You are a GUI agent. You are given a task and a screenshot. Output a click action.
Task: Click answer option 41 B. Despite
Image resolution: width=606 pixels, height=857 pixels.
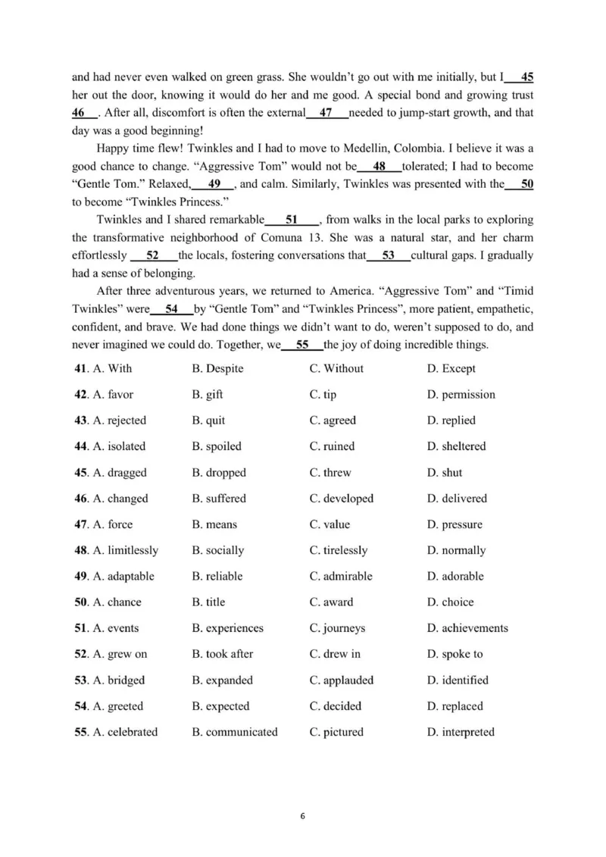[217, 369]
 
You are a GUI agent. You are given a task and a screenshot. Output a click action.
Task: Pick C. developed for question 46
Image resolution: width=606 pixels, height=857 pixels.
[341, 499]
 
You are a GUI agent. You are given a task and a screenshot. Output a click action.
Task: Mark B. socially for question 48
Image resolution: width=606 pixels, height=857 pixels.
[218, 550]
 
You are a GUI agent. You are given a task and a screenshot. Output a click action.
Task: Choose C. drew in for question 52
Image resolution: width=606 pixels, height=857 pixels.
[335, 654]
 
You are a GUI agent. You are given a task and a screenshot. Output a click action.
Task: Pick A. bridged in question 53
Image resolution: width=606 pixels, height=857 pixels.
[118, 680]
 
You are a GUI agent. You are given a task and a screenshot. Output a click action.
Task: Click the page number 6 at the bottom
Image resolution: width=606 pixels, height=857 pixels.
[303, 816]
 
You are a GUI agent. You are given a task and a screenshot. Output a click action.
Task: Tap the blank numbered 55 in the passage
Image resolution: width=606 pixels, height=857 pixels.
[302, 345]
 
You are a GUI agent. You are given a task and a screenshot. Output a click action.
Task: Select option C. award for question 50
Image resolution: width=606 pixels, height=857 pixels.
[331, 602]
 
